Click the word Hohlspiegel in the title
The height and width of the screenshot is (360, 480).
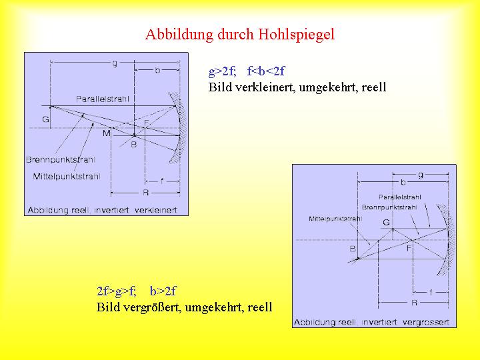(296, 34)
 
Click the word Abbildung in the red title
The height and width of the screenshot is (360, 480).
(179, 34)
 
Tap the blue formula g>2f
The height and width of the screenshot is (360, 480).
(223, 71)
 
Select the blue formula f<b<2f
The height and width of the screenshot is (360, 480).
(266, 71)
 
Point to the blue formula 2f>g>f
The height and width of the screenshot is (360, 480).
(117, 291)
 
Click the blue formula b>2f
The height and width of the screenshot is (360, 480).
(163, 291)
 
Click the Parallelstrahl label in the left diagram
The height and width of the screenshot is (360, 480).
(103, 99)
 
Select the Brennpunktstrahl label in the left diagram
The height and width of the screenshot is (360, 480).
(61, 160)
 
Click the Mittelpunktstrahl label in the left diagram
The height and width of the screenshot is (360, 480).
(67, 177)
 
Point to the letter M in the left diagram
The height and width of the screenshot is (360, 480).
(107, 133)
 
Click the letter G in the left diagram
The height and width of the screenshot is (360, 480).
(45, 119)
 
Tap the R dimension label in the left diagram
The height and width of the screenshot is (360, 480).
(146, 193)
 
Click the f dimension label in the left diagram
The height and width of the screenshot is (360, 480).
(161, 181)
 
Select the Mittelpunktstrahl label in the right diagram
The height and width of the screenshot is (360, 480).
(335, 219)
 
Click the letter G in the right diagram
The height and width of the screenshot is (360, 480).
(386, 223)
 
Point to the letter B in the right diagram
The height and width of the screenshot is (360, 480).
(353, 249)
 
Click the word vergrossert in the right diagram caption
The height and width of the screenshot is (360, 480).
(426, 322)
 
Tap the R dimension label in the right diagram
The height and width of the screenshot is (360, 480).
(414, 303)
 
